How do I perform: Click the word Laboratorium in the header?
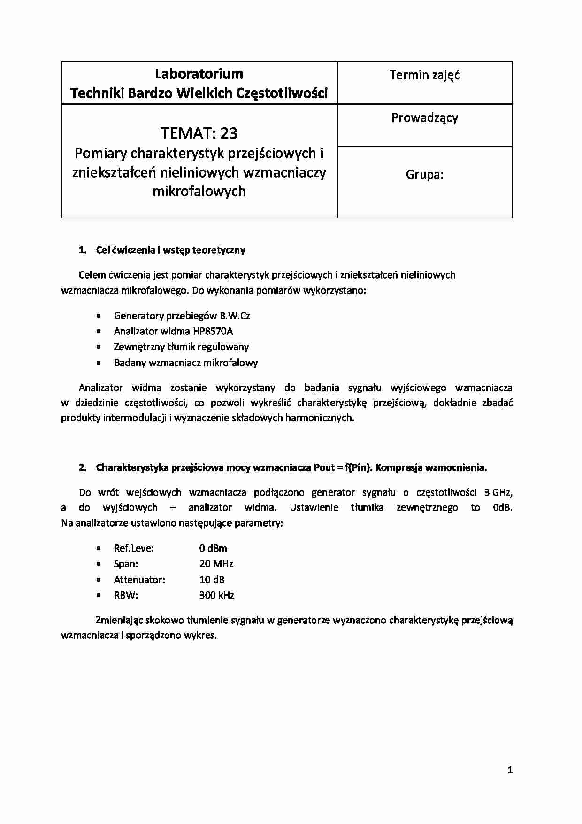(x=199, y=74)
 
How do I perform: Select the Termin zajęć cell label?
(x=424, y=75)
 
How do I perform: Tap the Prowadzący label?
(x=424, y=118)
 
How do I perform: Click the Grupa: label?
(x=424, y=175)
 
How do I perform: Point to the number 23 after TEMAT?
(x=229, y=133)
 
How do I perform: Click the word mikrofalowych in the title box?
(x=199, y=191)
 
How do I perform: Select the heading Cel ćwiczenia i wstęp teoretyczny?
(x=170, y=250)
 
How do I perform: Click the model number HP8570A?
(x=213, y=331)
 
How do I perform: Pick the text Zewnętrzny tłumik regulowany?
(x=181, y=347)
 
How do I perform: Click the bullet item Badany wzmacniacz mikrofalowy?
(x=185, y=363)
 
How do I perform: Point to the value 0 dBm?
(x=213, y=548)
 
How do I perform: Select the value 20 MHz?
(x=216, y=564)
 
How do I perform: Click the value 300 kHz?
(x=216, y=595)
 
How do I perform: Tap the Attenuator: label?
(x=139, y=580)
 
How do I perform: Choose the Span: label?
(x=126, y=564)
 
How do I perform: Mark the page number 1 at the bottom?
(x=510, y=770)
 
